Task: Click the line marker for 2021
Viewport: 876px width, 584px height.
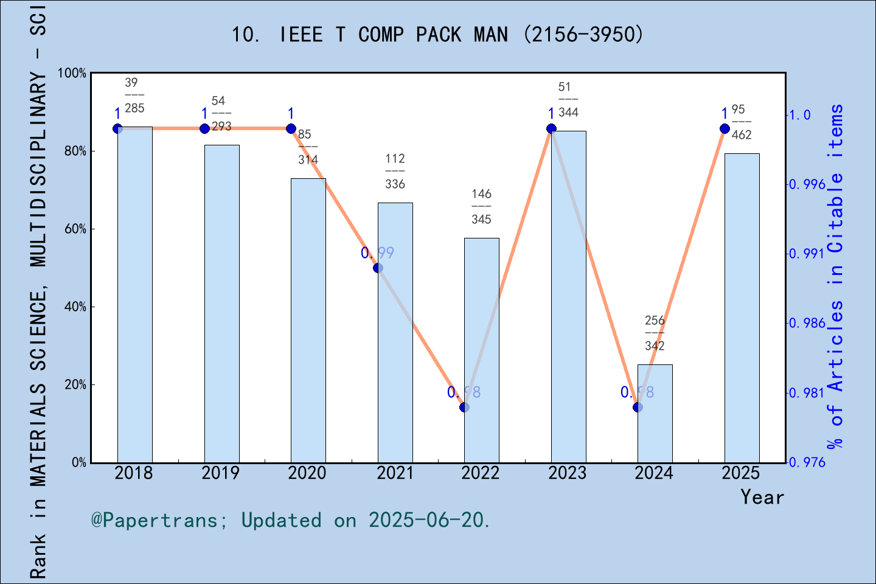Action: (x=378, y=268)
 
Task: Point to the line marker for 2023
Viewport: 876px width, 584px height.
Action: (x=551, y=128)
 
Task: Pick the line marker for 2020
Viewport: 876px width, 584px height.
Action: (x=291, y=128)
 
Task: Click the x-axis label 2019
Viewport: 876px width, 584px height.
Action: (x=220, y=473)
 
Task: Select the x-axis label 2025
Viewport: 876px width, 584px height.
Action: (x=740, y=473)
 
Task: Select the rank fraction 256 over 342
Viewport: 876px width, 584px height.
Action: (x=655, y=333)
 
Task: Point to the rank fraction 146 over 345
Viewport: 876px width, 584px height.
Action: (x=481, y=207)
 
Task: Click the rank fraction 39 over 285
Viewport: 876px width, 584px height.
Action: (x=134, y=96)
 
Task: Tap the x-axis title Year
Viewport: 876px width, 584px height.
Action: (x=762, y=497)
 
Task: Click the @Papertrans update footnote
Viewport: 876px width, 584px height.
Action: (x=291, y=520)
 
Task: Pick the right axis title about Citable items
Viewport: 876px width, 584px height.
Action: (x=836, y=277)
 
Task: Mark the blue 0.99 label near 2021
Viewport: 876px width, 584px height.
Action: (x=377, y=252)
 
